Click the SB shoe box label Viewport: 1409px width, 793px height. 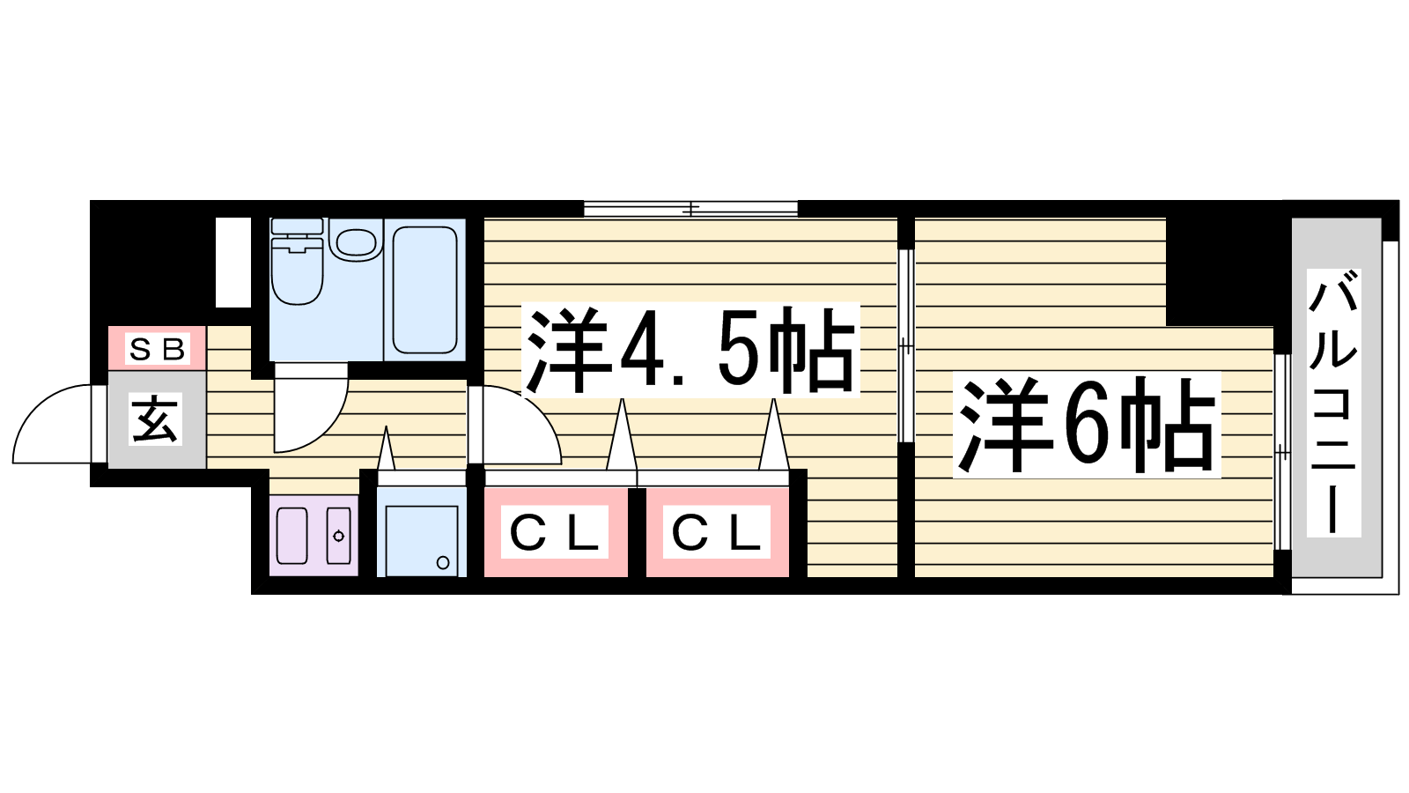pos(158,349)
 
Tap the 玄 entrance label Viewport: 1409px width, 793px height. pos(156,419)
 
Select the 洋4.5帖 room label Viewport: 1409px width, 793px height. pos(690,351)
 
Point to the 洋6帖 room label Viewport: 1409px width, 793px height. pos(1087,426)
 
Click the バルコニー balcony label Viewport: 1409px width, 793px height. pos(1333,404)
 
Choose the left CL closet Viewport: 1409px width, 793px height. pos(556,532)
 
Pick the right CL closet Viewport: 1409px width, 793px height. pos(717,532)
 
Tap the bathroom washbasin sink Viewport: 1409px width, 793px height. pos(357,242)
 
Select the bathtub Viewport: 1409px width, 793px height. pos(424,287)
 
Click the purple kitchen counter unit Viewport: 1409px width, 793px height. pos(314,535)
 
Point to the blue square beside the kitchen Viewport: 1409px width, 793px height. pos(422,540)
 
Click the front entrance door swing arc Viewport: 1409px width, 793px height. pos(53,426)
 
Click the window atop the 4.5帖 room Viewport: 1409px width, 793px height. pos(690,209)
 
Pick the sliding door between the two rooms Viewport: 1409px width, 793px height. pos(905,345)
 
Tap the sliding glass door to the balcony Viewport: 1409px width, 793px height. pos(1282,451)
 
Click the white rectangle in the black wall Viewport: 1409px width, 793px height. pos(233,262)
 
